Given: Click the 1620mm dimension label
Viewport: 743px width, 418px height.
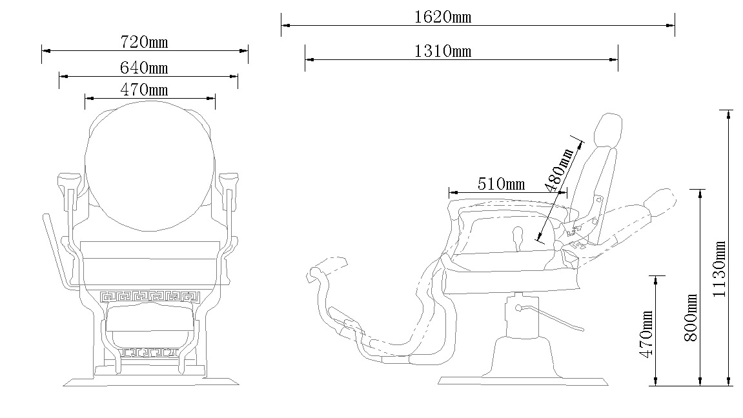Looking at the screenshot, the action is coord(443,17).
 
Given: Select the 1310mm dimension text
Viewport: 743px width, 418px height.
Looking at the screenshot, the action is coord(443,51).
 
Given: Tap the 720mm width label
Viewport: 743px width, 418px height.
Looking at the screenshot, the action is coord(144,42).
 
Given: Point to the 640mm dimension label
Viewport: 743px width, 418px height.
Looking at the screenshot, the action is coord(144,68).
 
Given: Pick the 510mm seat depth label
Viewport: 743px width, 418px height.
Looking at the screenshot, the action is coord(501,184).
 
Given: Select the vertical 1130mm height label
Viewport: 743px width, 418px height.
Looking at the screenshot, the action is coord(719,269).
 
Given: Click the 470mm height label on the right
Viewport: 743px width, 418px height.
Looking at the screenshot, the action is coord(646,334).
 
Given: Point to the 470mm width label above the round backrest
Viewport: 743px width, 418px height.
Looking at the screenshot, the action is coord(144,90).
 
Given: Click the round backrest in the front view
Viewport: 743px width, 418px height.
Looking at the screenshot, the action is coord(149,166).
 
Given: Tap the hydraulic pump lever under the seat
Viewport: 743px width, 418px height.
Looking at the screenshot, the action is coord(550,317).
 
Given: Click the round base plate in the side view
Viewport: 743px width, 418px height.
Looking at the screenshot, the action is coord(523,381).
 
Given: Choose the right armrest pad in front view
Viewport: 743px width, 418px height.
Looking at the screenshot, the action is coord(229,181).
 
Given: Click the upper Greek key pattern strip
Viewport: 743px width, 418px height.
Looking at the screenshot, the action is coord(150,297).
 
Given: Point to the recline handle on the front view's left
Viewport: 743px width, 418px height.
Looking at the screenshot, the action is coord(56,251).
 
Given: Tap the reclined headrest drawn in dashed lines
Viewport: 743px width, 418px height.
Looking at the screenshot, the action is coord(660,201).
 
